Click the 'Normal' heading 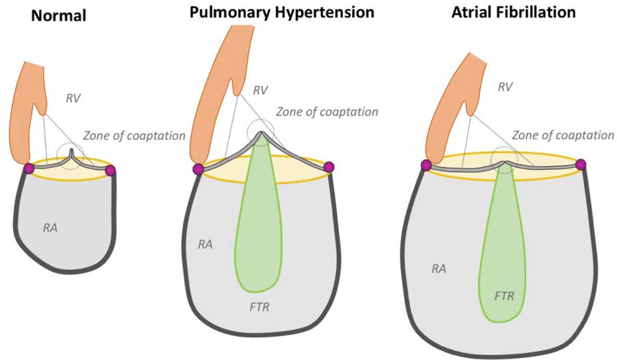pos(58,16)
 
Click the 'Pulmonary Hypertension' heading pos(282,12)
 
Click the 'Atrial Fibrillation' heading pos(513,12)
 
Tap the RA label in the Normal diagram pos(51,227)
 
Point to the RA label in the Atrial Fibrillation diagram pos(438,269)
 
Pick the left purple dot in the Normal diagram pos(29,168)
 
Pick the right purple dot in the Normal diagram pos(110,170)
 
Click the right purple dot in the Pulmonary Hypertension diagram pos(329,167)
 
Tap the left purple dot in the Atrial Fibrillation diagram pos(426,165)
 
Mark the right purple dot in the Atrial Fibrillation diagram pos(580,164)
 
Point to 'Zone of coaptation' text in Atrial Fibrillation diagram pos(563,135)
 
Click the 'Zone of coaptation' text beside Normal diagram pos(134,135)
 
